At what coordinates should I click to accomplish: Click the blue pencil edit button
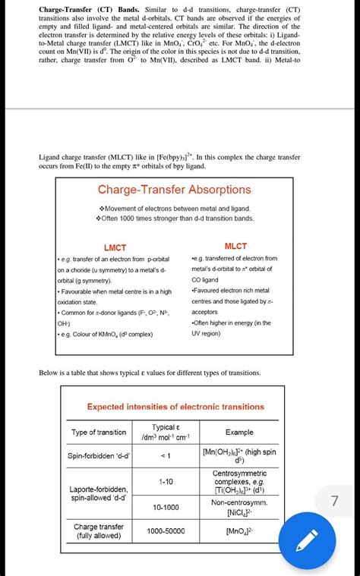[308, 543]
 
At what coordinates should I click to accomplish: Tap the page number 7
[335, 501]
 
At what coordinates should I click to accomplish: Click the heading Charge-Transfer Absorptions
[175, 190]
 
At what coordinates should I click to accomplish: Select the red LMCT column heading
[115, 247]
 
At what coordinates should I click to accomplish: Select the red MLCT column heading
[236, 246]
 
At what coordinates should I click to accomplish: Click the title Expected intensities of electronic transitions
[175, 407]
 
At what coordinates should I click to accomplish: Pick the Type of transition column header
[99, 433]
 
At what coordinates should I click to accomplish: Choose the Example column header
[239, 432]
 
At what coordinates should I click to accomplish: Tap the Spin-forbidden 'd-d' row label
[99, 456]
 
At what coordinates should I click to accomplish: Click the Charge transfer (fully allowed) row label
[99, 531]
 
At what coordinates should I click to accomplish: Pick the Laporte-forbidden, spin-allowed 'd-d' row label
[99, 494]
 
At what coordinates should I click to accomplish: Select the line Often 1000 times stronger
[175, 219]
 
